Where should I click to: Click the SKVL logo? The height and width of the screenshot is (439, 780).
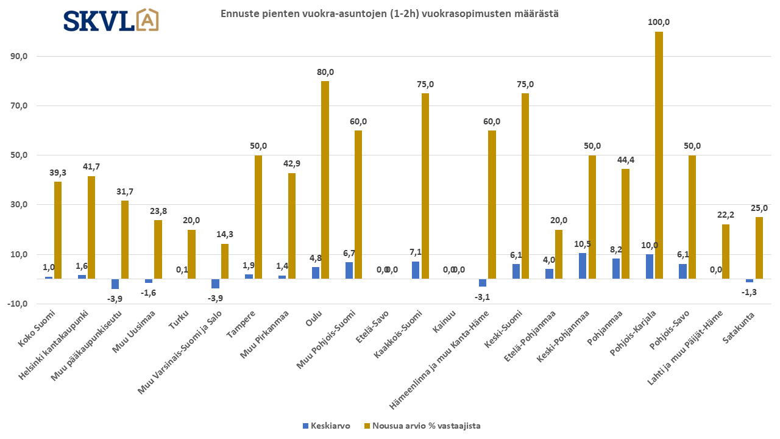tap(112, 20)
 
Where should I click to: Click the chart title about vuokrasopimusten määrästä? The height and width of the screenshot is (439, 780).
tap(389, 13)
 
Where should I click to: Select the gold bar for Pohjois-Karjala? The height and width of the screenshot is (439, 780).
tap(659, 155)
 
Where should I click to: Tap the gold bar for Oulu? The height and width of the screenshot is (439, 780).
tap(325, 180)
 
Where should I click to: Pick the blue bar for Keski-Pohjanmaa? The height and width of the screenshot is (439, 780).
tap(583, 266)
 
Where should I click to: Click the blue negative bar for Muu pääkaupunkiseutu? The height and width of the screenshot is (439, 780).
tap(115, 284)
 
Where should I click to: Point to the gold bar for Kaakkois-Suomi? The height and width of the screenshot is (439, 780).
tap(425, 186)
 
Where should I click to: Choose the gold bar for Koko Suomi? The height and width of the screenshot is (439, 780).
tap(58, 230)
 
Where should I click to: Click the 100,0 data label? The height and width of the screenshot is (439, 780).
tap(659, 23)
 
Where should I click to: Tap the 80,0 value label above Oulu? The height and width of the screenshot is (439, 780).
tap(325, 72)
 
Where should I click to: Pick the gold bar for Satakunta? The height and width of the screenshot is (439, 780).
tap(759, 248)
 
